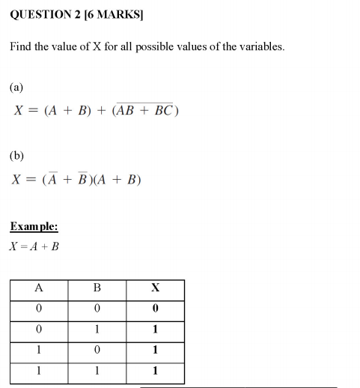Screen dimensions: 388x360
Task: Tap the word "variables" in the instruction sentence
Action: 260,46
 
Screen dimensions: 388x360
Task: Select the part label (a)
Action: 16,87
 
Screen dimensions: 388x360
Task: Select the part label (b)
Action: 16,156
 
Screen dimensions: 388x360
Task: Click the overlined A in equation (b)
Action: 52,180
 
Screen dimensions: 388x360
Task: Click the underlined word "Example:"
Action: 34,226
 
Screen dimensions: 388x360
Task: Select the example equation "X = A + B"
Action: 34,246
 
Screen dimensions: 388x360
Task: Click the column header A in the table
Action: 39,288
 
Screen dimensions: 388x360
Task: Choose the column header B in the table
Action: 97,288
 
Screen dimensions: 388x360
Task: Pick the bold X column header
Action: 155,288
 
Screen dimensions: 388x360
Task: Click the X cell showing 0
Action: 155,308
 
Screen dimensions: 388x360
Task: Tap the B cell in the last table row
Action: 97,371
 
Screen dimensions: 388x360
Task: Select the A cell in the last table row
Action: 39,371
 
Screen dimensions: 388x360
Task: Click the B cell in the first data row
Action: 97,308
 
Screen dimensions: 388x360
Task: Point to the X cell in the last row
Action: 155,371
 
